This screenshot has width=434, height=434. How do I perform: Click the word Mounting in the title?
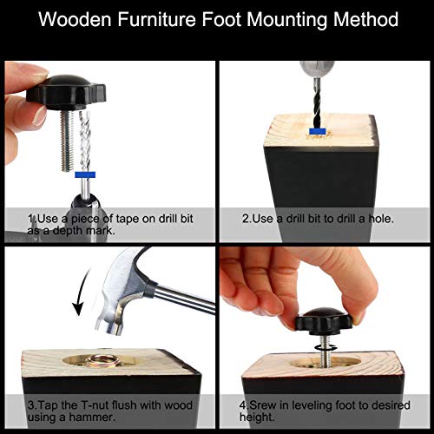[287, 21]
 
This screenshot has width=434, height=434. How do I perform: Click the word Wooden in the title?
[75, 20]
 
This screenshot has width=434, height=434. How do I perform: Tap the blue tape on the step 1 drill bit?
[85, 174]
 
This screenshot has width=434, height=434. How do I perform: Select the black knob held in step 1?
[66, 92]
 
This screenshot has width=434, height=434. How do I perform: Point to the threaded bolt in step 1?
[68, 141]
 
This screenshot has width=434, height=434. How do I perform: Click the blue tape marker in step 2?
[318, 132]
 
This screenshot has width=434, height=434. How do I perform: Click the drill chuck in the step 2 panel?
[317, 69]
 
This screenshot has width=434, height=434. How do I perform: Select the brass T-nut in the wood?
[99, 362]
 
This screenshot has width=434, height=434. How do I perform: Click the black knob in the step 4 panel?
[324, 321]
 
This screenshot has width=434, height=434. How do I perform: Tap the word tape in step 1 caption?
[128, 220]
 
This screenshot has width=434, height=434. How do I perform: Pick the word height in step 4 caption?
[257, 418]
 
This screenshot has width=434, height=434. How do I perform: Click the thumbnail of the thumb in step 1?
[40, 115]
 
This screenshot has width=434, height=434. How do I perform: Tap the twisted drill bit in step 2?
[318, 103]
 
